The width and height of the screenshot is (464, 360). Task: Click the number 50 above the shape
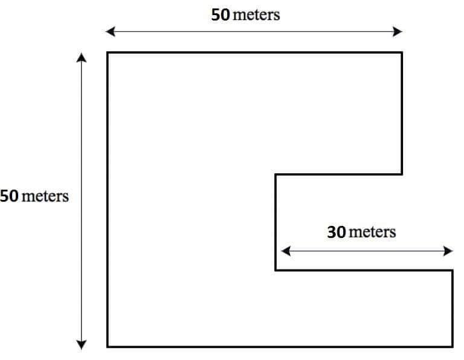pyautogui.click(x=220, y=15)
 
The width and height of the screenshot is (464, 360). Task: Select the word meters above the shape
pyautogui.click(x=256, y=15)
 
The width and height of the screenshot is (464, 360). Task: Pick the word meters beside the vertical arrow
pyautogui.click(x=45, y=197)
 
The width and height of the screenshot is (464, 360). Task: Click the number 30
pyautogui.click(x=337, y=232)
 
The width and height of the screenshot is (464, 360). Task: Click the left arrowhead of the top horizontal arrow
pyautogui.click(x=109, y=31)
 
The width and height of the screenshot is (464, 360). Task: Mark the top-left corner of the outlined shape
pyautogui.click(x=108, y=53)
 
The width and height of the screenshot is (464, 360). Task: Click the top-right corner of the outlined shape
pyautogui.click(x=402, y=53)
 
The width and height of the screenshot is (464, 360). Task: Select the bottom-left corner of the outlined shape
pyautogui.click(x=108, y=346)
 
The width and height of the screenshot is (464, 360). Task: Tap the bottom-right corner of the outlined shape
pyautogui.click(x=452, y=346)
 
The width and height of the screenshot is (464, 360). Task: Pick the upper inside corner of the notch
pyautogui.click(x=276, y=175)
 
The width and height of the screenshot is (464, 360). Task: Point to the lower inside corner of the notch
pyautogui.click(x=276, y=270)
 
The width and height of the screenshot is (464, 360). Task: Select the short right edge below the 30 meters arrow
pyautogui.click(x=452, y=308)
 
